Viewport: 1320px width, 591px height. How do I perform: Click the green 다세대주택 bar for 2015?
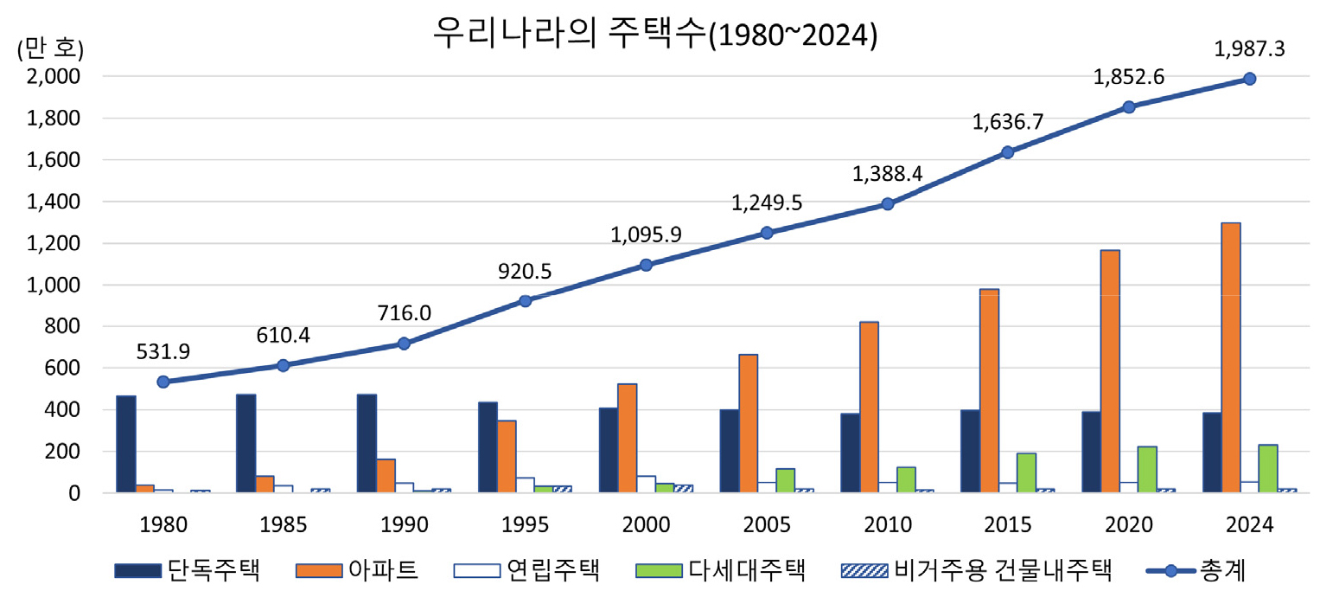(x=1026, y=472)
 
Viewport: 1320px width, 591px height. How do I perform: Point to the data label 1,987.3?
(x=1249, y=49)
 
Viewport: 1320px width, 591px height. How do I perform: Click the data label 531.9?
(x=163, y=351)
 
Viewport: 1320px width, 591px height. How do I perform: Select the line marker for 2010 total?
(x=887, y=204)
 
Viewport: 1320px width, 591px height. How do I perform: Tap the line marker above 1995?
(x=525, y=301)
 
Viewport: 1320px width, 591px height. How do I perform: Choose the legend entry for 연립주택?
(x=526, y=570)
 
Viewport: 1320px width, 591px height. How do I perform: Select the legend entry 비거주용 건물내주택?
(x=976, y=570)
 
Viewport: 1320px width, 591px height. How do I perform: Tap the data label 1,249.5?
(x=767, y=203)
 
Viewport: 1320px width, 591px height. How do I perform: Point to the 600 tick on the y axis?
(x=63, y=368)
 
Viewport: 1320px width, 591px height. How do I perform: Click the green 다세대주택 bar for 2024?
(x=1267, y=468)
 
